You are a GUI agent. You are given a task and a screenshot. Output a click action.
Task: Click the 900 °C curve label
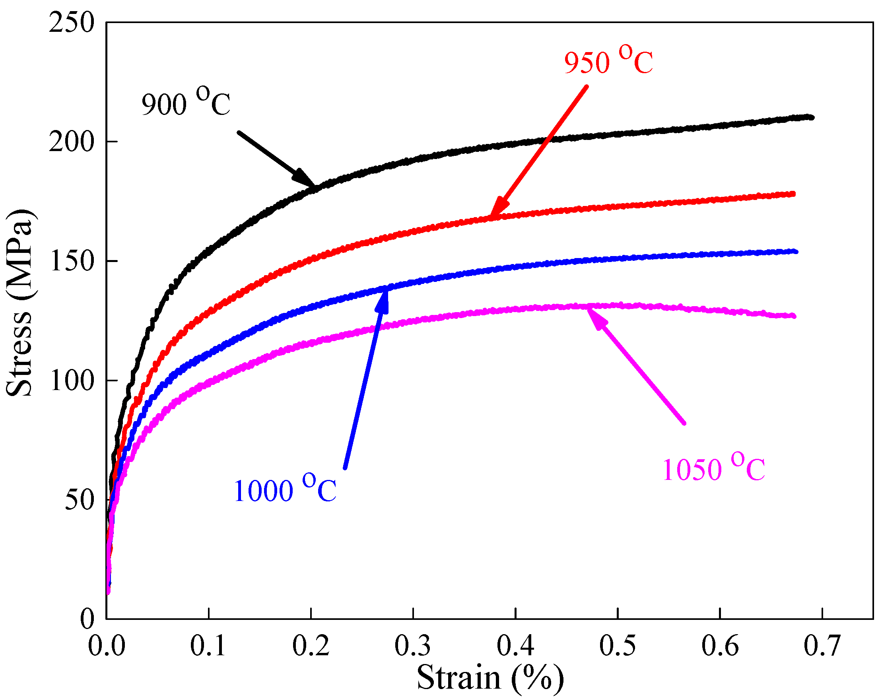point(186,102)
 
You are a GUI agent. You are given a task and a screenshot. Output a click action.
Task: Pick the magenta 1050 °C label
point(713,468)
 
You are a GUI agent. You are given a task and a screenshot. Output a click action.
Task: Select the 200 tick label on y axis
point(72,142)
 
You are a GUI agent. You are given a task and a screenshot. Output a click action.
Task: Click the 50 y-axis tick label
point(80,499)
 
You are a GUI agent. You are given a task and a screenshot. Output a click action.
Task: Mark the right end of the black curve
point(812,118)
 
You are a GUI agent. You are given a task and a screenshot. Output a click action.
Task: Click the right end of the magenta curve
point(793,316)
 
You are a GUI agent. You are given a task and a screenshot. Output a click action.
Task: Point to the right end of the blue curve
point(796,252)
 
